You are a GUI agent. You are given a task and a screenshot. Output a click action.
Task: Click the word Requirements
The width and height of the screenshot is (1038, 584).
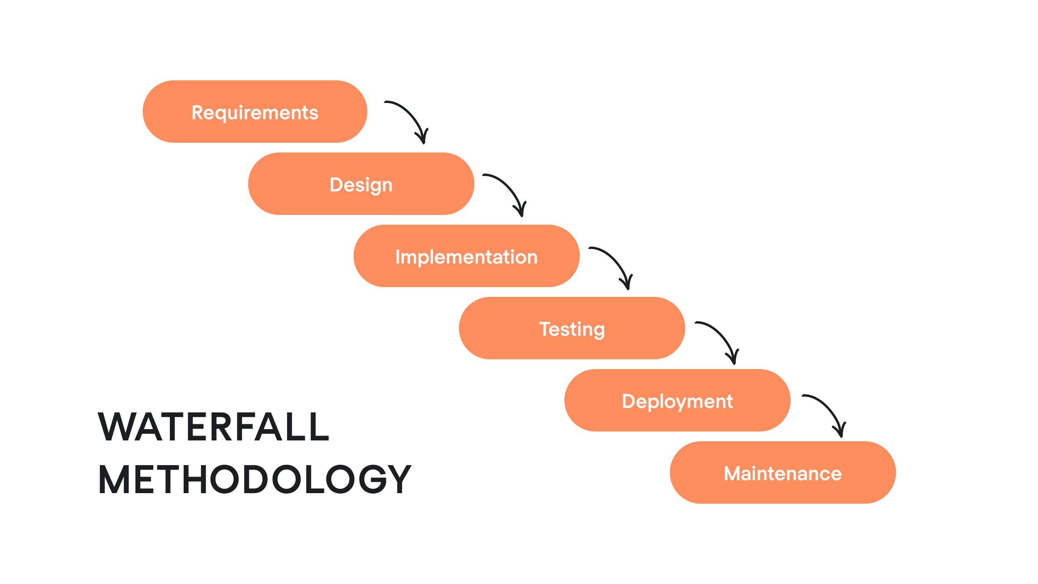(255, 112)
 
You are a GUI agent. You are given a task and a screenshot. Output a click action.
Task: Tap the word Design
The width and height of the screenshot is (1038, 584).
(361, 185)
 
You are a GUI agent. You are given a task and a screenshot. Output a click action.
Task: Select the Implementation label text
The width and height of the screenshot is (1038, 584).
(466, 257)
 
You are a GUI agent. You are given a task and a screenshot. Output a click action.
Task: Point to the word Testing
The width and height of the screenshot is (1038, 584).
(572, 329)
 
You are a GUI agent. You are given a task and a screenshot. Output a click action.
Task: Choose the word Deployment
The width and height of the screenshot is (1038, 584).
(677, 401)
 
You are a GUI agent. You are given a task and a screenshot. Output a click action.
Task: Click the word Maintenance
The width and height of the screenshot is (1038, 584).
(783, 473)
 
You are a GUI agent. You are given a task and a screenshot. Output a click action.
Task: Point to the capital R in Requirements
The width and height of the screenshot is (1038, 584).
(197, 112)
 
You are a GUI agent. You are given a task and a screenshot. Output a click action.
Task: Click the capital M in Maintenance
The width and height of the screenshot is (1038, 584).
(732, 473)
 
